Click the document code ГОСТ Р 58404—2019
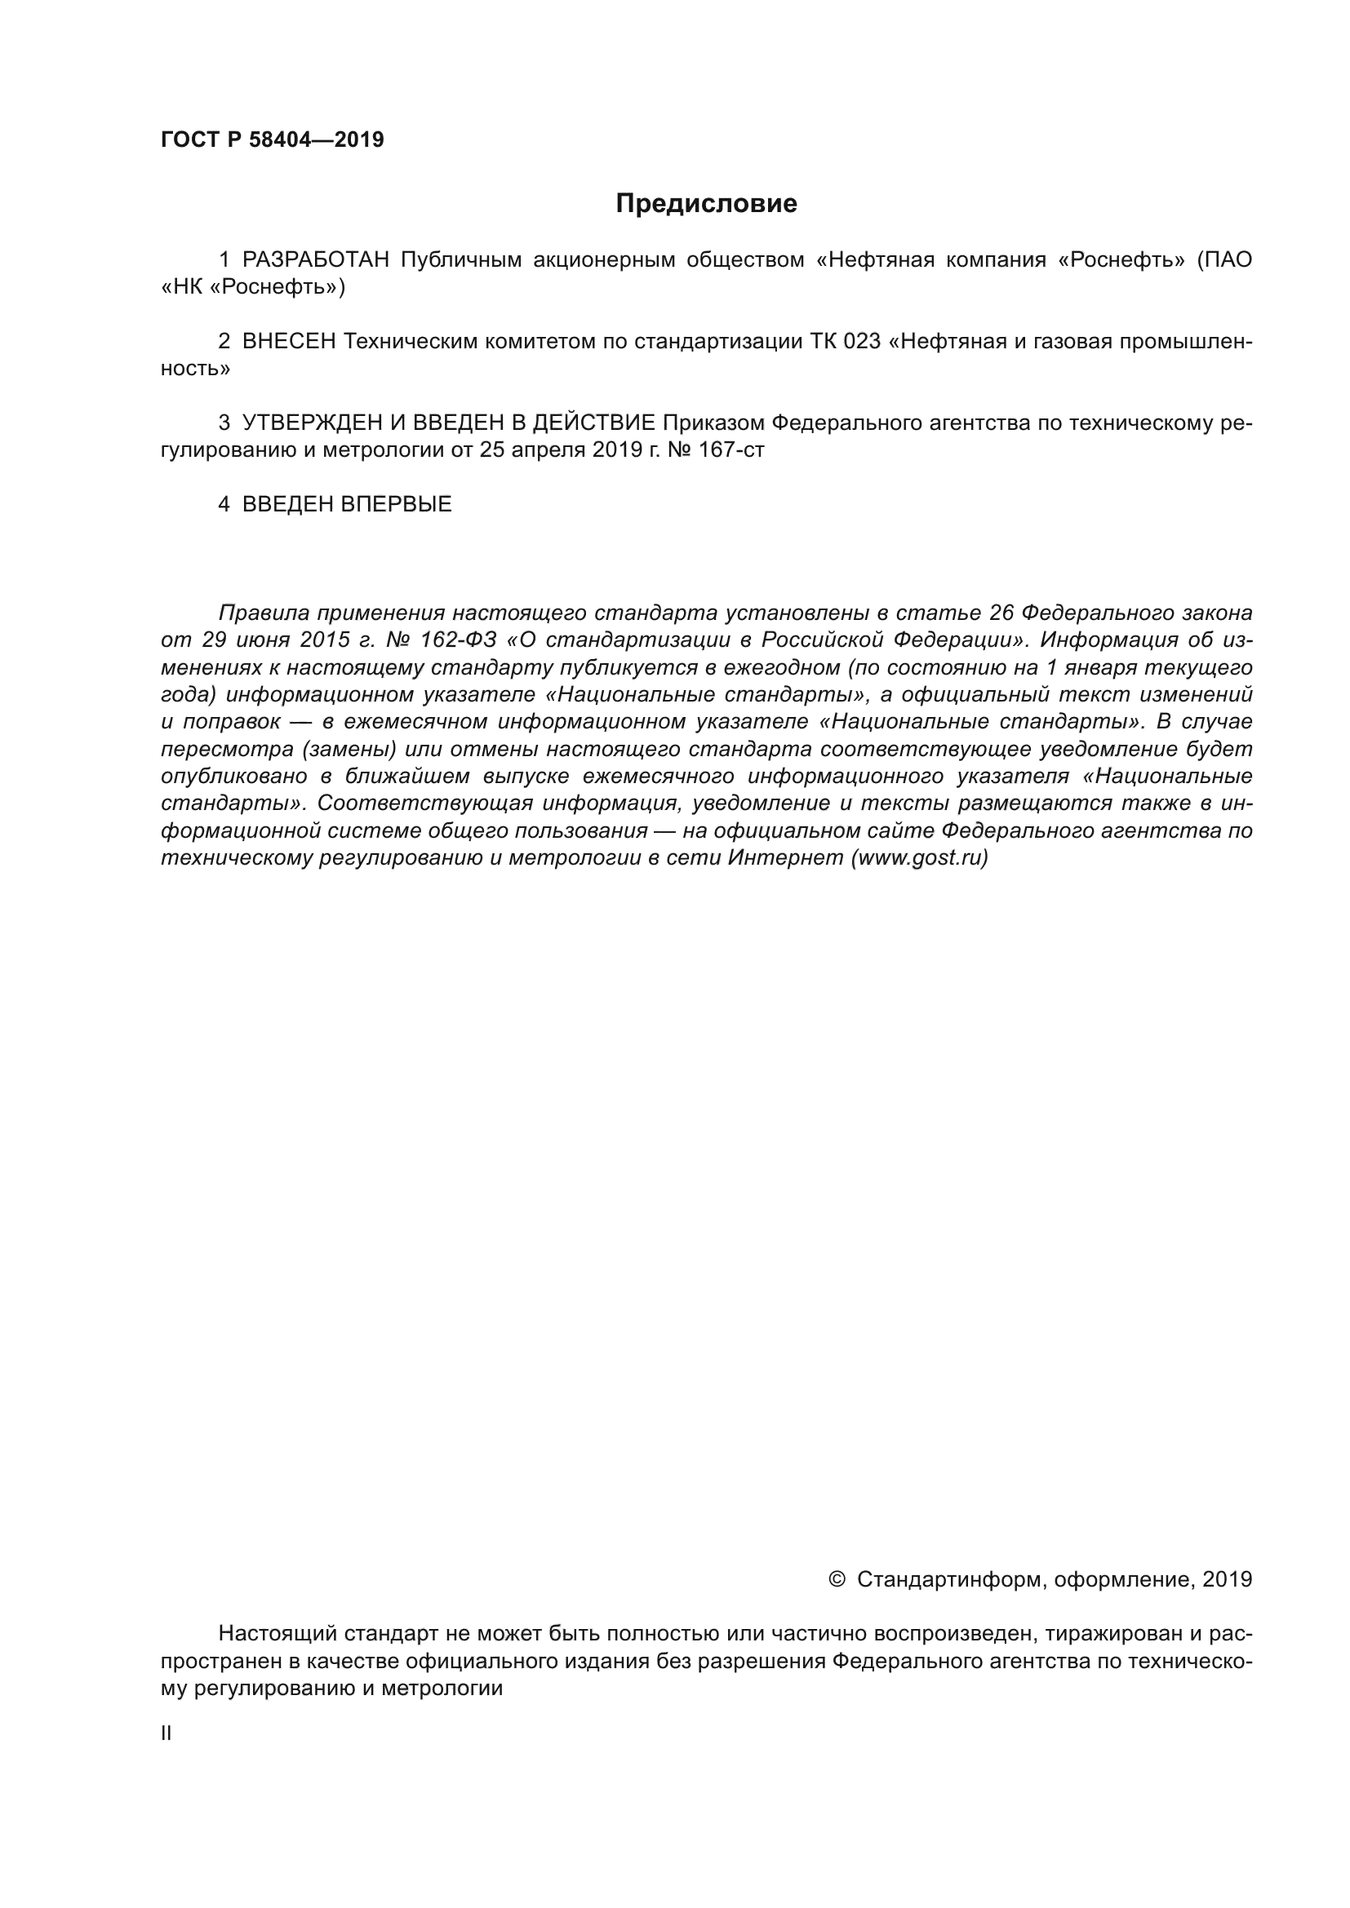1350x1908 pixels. [x=272, y=139]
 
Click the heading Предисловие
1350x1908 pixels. [x=706, y=204]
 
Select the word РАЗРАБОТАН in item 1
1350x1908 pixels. [x=315, y=260]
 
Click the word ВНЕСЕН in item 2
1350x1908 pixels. [x=288, y=342]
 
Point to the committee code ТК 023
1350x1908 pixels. [x=845, y=342]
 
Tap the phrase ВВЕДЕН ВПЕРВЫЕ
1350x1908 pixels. [x=347, y=504]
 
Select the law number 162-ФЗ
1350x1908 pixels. [x=459, y=640]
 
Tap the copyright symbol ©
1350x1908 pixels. [x=837, y=1579]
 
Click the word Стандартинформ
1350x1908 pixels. [x=950, y=1580]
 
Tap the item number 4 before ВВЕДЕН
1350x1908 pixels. [x=224, y=504]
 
